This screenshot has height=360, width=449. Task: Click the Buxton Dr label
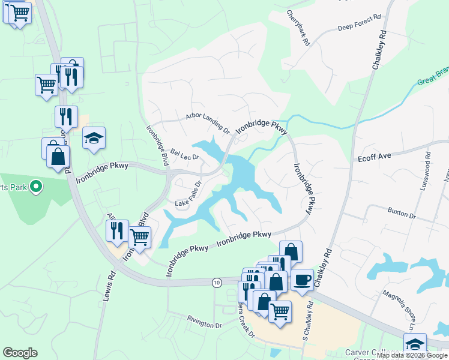(x=402, y=214)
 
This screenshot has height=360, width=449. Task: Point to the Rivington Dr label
(x=204, y=323)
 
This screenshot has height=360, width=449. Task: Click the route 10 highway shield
(x=217, y=281)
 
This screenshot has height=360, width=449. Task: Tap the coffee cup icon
(x=303, y=278)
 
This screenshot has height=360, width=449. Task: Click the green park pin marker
(x=35, y=187)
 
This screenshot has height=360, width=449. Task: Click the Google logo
(x=20, y=353)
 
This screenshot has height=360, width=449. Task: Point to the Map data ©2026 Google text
(x=412, y=355)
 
